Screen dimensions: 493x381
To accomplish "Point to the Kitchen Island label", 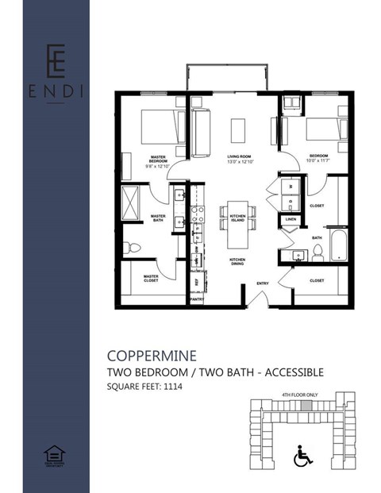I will [237, 218].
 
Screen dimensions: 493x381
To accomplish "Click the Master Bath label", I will [158, 218].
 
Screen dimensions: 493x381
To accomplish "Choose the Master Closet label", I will [151, 278].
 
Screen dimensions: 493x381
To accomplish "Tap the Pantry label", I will [197, 299].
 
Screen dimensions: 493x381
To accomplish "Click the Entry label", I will [262, 284].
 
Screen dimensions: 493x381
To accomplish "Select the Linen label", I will [291, 219].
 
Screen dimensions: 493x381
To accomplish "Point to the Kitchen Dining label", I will [237, 262].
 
